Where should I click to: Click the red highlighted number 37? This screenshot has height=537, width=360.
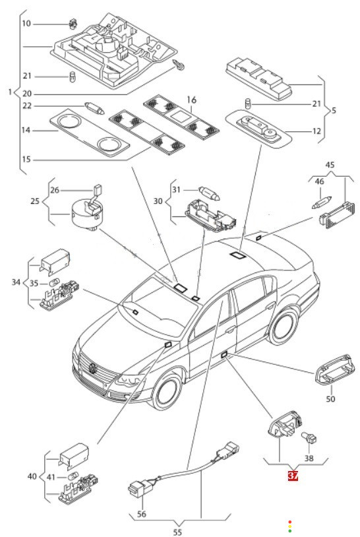pyautogui.click(x=293, y=476)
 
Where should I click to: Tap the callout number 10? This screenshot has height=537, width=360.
pyautogui.click(x=26, y=23)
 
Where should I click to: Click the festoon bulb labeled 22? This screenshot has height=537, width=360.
pyautogui.click(x=94, y=108)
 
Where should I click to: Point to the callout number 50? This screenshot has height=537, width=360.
pyautogui.click(x=330, y=398)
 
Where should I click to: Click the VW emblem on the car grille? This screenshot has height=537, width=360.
pyautogui.click(x=93, y=367)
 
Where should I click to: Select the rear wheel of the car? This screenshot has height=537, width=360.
pyautogui.click(x=283, y=326)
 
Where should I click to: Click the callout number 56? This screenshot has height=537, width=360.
pyautogui.click(x=142, y=514)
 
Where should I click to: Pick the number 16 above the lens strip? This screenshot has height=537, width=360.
pyautogui.click(x=192, y=100)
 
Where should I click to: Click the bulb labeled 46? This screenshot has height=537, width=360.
pyautogui.click(x=322, y=202)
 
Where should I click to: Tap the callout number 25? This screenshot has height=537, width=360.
pyautogui.click(x=35, y=201)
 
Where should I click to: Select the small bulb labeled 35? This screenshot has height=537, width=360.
pyautogui.click(x=53, y=284)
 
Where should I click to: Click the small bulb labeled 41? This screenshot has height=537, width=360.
pyautogui.click(x=73, y=477)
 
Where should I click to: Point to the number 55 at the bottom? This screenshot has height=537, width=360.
pyautogui.click(x=177, y=532)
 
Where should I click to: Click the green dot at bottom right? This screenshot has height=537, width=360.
pyautogui.click(x=290, y=531)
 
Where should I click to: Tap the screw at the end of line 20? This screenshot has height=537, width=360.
pyautogui.click(x=179, y=65)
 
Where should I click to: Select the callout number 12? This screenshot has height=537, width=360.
pyautogui.click(x=316, y=131)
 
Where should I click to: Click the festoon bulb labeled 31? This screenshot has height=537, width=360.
pyautogui.click(x=210, y=193)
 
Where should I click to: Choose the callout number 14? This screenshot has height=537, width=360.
pyautogui.click(x=26, y=130)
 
